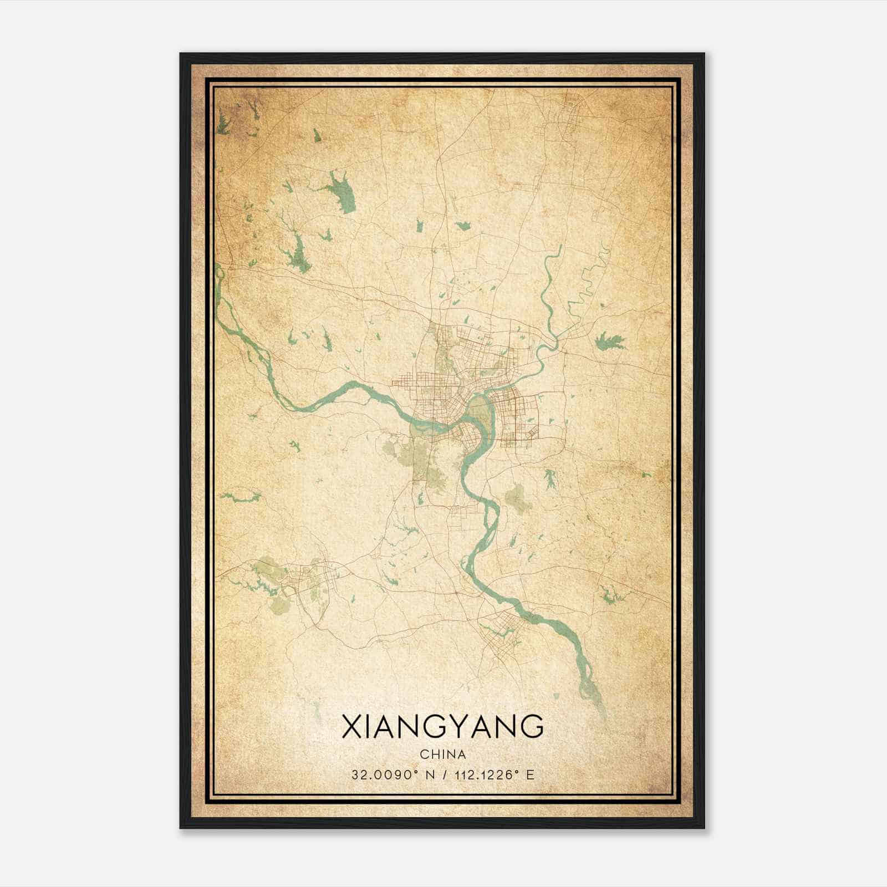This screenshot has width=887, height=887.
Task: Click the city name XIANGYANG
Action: (442, 727)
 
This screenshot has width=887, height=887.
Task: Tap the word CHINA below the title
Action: (442, 755)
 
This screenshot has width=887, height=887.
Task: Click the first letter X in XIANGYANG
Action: (352, 727)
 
